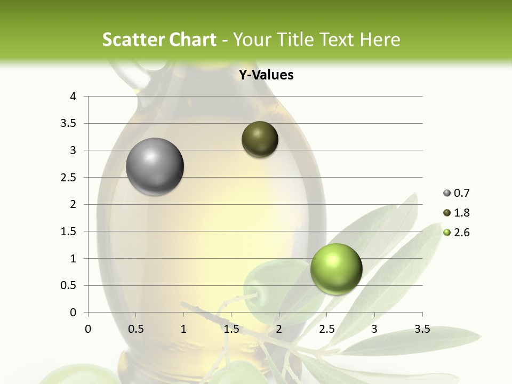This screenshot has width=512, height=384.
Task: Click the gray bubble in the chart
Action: (x=155, y=167)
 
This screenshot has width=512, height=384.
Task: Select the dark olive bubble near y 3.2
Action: (x=260, y=140)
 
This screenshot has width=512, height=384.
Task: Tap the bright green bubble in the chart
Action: (x=336, y=269)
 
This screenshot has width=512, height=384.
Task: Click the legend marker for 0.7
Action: (x=447, y=193)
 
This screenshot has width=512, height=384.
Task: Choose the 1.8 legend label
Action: (x=462, y=213)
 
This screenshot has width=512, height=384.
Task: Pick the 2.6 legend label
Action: (x=462, y=233)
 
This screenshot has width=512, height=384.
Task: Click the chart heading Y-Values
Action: (x=266, y=75)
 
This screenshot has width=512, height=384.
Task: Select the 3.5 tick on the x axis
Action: (x=422, y=329)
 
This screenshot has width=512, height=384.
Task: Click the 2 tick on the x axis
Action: (x=279, y=329)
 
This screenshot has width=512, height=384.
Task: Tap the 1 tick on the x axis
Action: (x=183, y=329)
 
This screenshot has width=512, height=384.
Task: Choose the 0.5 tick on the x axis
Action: (x=135, y=329)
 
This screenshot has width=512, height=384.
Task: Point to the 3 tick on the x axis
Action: (x=374, y=329)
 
